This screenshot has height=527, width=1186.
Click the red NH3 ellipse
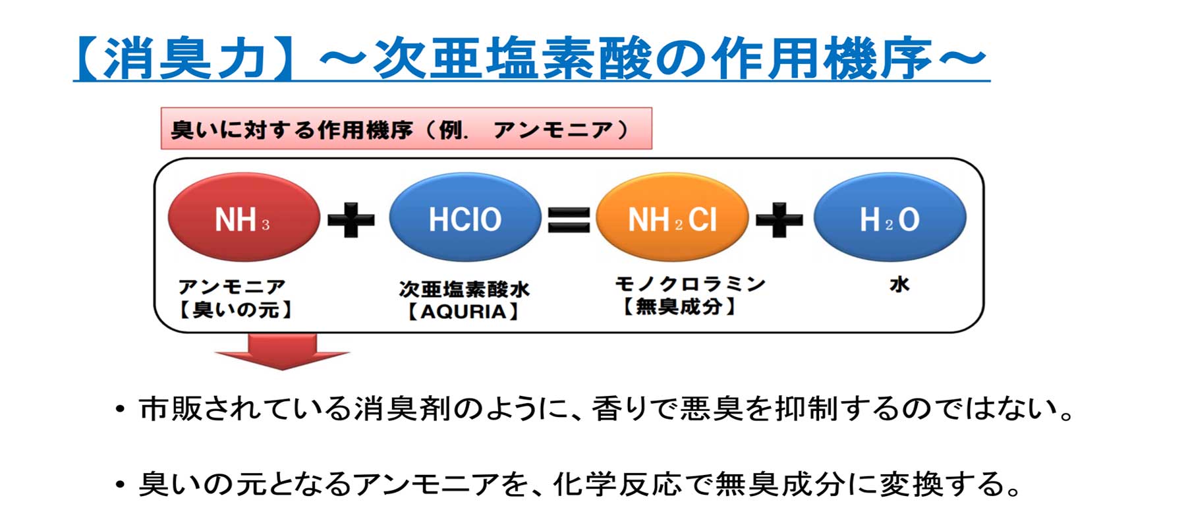pyautogui.click(x=244, y=217)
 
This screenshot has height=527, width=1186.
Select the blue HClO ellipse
pyautogui.click(x=465, y=217)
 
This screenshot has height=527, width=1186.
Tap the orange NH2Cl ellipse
pyautogui.click(x=672, y=217)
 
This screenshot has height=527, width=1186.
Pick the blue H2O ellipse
pyautogui.click(x=889, y=217)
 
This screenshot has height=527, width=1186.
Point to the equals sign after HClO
pyautogui.click(x=569, y=219)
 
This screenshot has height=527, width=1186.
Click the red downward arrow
pyautogui.click(x=282, y=352)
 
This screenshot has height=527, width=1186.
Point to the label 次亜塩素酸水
pyautogui.click(x=464, y=289)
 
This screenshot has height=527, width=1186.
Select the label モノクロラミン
pyautogui.click(x=690, y=284)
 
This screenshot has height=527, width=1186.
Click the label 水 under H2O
pyautogui.click(x=899, y=284)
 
